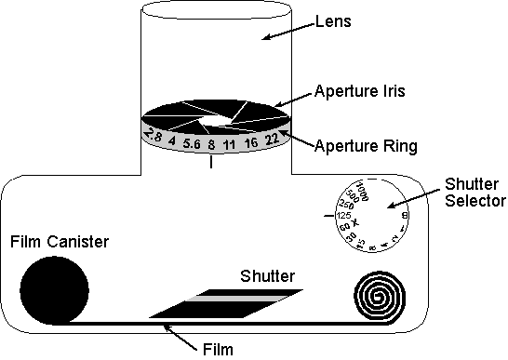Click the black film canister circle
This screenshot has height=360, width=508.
[52, 289]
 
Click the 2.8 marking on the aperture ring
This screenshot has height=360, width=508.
[155, 136]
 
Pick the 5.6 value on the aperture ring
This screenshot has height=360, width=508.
[193, 144]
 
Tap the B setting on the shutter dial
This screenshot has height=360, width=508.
[405, 216]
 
